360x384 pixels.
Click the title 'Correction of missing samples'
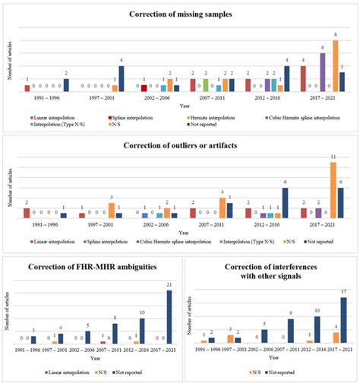180,14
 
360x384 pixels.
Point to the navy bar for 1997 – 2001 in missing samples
122,79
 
